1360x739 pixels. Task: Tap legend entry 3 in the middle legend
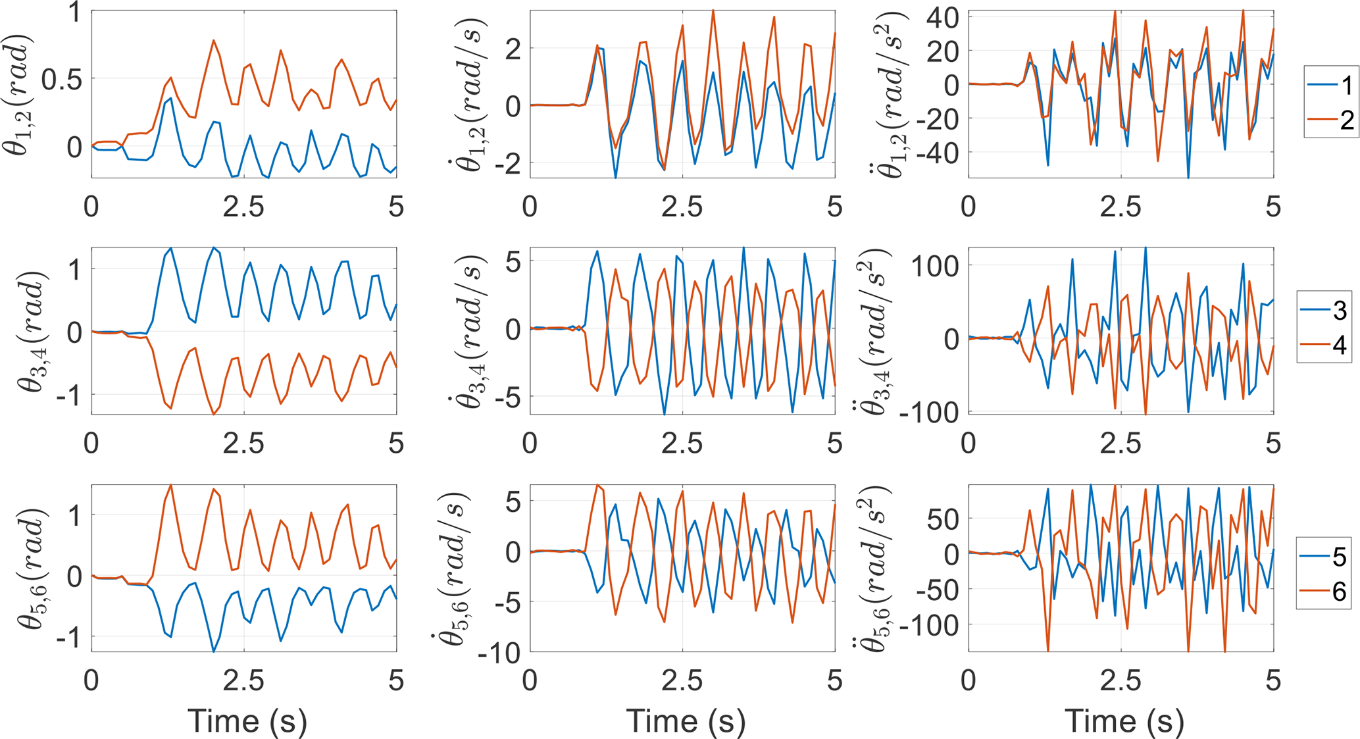coord(1324,310)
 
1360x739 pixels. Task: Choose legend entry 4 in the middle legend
coord(1324,345)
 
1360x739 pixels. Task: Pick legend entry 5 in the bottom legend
coord(1324,557)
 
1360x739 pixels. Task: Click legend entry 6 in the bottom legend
coord(1324,592)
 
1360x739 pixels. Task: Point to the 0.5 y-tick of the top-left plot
coord(61,79)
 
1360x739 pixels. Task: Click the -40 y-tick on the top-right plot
coord(936,152)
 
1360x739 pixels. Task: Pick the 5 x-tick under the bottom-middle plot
coord(834,681)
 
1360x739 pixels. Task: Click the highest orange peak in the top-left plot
coord(213,40)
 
